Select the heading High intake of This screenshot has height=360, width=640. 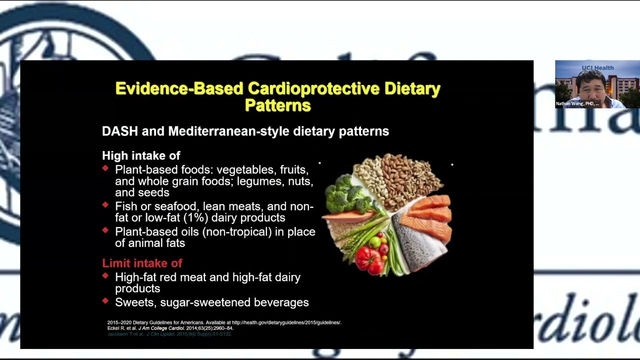(x=141, y=155)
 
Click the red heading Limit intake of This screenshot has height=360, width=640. (x=142, y=263)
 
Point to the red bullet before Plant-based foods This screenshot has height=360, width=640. (x=105, y=168)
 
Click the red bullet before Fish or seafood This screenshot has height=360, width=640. (x=105, y=205)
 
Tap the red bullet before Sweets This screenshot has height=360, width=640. (x=105, y=301)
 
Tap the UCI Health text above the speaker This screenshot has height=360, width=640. (x=597, y=67)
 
